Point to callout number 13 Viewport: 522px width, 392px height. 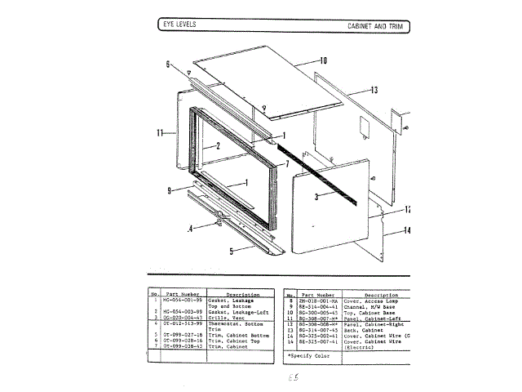(x=374, y=91)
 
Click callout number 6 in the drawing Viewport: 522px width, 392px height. (x=167, y=64)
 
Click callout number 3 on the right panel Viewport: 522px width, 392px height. (x=316, y=196)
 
